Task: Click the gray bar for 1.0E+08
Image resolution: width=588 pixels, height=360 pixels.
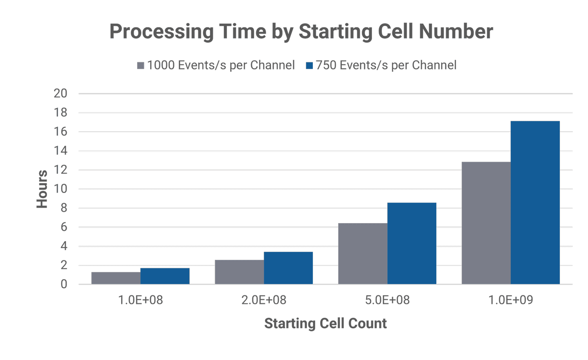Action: point(116,278)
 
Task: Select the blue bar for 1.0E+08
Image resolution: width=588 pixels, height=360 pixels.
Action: point(165,276)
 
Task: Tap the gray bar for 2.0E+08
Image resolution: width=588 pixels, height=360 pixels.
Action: point(239,271)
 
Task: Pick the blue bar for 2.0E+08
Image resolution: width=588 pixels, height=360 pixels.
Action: point(289,267)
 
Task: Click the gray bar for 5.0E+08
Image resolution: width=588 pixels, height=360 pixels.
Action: point(363,253)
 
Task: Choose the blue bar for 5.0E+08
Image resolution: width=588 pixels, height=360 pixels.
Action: point(412,243)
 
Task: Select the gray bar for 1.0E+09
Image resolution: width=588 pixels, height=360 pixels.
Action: point(486,222)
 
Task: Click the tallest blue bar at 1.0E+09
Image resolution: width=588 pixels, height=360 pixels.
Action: point(535,202)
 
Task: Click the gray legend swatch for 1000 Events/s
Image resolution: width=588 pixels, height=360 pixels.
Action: point(140,65)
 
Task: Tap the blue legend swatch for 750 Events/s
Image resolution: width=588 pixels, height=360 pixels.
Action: point(309,65)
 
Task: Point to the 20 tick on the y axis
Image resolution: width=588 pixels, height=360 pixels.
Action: point(61,93)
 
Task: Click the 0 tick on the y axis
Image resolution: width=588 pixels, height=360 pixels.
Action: point(64,284)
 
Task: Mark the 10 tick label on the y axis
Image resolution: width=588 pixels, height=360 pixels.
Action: point(61,189)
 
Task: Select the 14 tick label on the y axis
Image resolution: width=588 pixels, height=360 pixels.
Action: point(61,151)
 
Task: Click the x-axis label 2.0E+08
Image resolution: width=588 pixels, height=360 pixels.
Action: point(264,300)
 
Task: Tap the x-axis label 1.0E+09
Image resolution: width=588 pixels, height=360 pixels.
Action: point(511,300)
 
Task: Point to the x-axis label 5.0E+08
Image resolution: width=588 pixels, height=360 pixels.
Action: point(387,300)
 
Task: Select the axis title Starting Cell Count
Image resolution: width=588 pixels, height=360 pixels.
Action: point(325,324)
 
